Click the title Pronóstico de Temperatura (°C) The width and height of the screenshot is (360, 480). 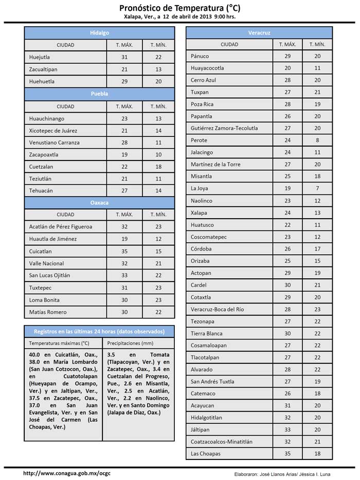pyautogui.click(x=179, y=8)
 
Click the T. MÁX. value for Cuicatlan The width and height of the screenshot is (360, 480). pyautogui.click(x=124, y=252)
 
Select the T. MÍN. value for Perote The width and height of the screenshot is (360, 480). pyautogui.click(x=317, y=140)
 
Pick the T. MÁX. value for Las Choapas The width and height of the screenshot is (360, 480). pyautogui.click(x=287, y=454)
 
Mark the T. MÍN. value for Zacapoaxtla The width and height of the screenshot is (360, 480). pyautogui.click(x=158, y=154)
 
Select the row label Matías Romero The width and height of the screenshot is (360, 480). pyautogui.click(x=48, y=312)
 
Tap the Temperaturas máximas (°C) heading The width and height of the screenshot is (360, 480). pyautogui.click(x=59, y=342)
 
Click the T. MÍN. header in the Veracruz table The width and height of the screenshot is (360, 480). pyautogui.click(x=317, y=45)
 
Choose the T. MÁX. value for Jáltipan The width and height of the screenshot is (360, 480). pyautogui.click(x=287, y=430)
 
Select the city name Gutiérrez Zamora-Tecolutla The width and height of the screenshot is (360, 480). pyautogui.click(x=224, y=128)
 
